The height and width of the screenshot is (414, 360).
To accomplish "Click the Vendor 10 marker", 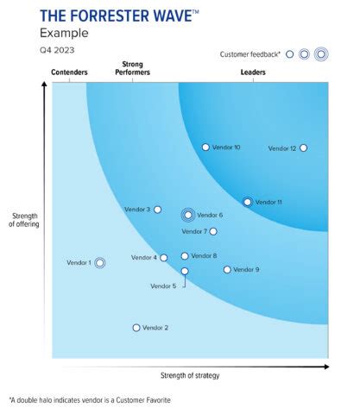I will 205,147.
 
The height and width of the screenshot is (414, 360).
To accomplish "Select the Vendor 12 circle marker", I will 303,147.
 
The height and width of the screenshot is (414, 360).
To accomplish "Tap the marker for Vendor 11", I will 248,202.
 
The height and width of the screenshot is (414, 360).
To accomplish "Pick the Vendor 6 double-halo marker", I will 187,215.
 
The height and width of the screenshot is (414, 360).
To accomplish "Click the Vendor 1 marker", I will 100,262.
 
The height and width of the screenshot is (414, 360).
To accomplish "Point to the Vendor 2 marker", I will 136,328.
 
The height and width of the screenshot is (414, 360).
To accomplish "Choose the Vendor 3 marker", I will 157,210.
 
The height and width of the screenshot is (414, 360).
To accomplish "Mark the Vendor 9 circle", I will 228,270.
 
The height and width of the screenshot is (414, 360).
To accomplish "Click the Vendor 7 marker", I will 213,231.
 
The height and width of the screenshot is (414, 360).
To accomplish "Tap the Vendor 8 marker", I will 185,256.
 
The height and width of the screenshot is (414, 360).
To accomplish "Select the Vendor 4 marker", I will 164,258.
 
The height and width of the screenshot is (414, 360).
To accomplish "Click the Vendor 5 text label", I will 163,285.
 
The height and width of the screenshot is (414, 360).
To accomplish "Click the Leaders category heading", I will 253,72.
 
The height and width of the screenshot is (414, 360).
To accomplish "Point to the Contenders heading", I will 70,72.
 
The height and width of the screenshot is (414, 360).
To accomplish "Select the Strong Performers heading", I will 134,68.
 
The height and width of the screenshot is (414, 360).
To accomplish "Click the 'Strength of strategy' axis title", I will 191,375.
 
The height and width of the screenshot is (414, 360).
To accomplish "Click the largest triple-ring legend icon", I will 321,54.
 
